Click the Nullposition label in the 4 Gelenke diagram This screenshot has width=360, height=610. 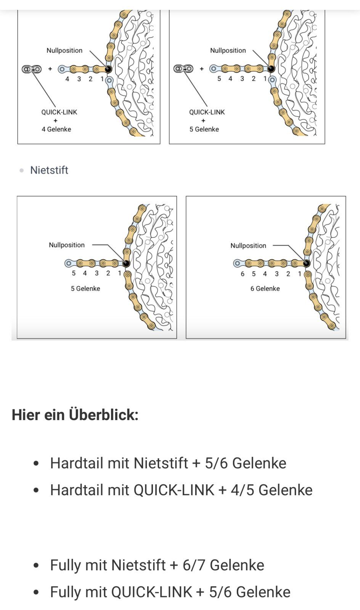coord(64,50)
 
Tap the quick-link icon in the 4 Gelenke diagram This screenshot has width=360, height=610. coord(32,69)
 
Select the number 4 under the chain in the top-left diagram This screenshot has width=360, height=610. coord(67,79)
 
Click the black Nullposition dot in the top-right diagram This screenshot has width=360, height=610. coord(271,69)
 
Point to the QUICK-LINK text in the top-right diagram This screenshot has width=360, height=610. coord(207,112)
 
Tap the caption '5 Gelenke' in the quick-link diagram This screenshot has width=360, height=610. coord(204,129)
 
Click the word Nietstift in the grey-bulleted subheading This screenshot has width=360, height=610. coord(49,170)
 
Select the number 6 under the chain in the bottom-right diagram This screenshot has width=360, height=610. coord(243,274)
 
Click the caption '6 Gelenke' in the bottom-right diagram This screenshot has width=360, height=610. coord(265,288)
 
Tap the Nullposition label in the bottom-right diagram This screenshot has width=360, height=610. coord(248,246)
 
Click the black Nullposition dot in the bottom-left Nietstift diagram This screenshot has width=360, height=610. coord(126,263)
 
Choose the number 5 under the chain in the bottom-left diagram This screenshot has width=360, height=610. coord(74,273)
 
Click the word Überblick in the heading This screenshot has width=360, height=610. coord(103,415)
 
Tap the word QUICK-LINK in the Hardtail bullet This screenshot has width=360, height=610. coord(174,490)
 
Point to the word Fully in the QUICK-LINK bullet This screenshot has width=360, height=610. coord(66,592)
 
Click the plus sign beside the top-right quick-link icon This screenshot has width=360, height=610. coord(202,69)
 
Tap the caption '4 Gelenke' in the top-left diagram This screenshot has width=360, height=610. coord(56,129)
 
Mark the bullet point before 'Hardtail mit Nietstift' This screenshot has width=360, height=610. coord(36,464)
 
